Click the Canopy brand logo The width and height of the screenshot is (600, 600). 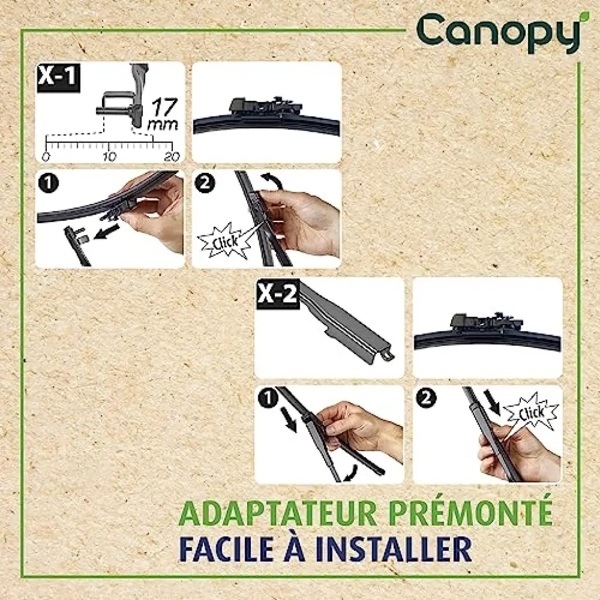click(x=499, y=33)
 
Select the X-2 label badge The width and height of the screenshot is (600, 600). click(x=277, y=293)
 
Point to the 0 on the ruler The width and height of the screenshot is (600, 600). click(x=46, y=156)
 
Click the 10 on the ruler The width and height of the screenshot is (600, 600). click(x=109, y=156)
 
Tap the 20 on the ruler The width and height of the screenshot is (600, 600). click(x=172, y=156)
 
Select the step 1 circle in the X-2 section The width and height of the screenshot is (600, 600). click(x=268, y=398)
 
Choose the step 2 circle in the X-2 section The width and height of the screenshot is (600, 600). click(x=427, y=398)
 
